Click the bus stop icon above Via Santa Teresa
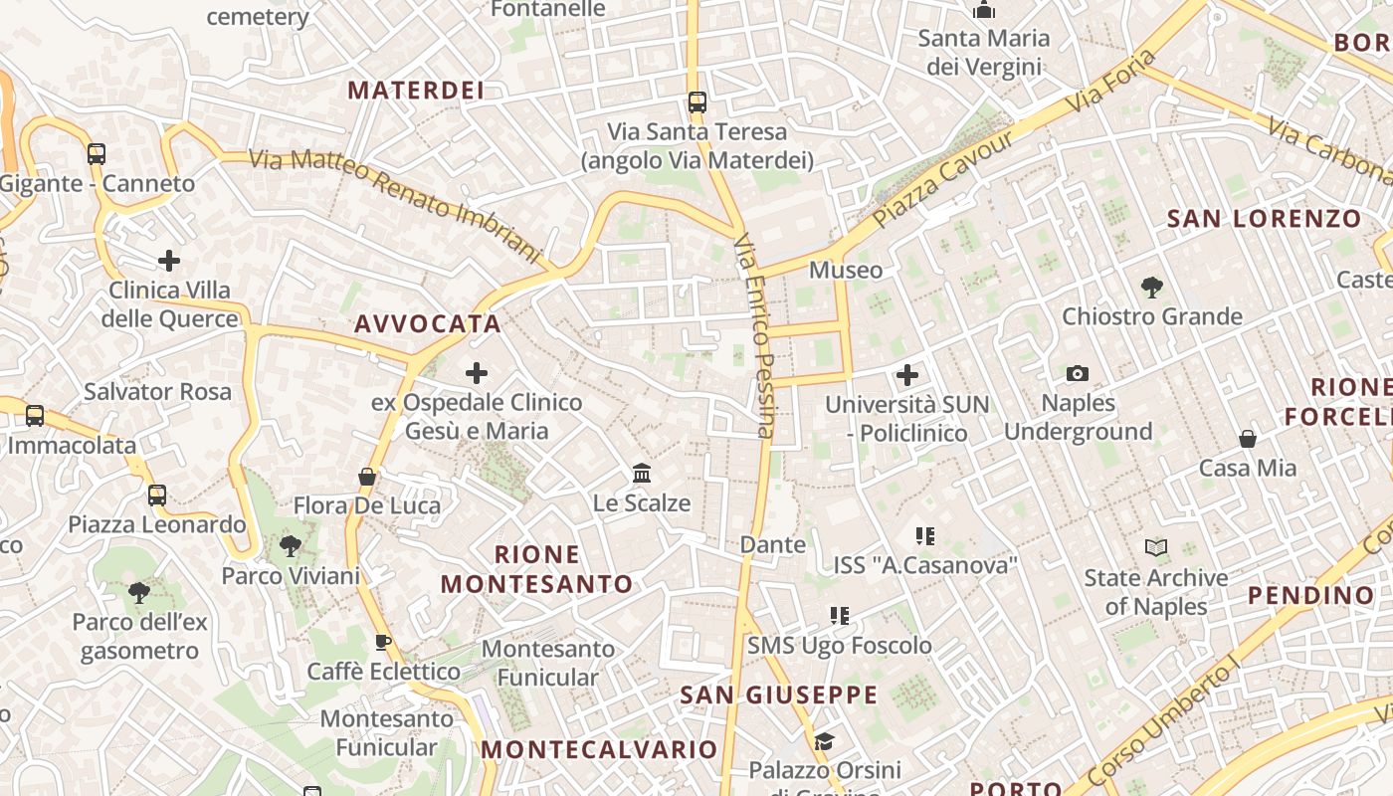click(697, 101)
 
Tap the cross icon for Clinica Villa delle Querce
click(169, 261)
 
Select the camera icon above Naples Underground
click(1077, 374)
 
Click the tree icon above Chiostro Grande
click(1152, 288)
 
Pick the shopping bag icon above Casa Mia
click(1247, 439)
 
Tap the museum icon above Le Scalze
click(642, 473)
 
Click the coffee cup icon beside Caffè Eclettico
click(383, 643)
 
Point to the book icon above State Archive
click(1155, 548)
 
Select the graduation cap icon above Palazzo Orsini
click(824, 741)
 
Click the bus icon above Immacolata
click(35, 415)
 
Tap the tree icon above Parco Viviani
click(291, 545)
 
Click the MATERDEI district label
click(416, 91)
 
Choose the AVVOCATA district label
click(428, 324)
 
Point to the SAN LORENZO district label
click(1264, 219)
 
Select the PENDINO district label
click(1310, 596)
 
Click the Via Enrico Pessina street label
click(754, 336)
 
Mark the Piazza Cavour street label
click(942, 179)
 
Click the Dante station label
click(773, 544)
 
